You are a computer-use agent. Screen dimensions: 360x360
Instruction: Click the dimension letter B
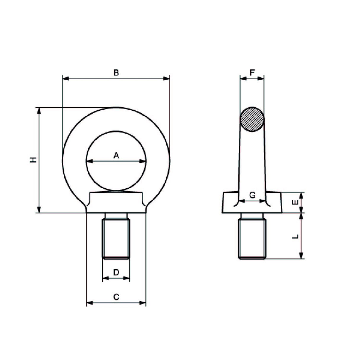click(116, 73)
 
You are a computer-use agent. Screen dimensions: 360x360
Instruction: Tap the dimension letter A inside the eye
click(116, 155)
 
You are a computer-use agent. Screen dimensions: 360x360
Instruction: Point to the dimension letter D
click(116, 272)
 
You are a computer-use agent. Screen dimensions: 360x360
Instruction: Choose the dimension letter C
click(116, 297)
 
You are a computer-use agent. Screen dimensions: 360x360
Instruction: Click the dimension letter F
click(252, 73)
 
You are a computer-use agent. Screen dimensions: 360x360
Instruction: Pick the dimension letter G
click(252, 195)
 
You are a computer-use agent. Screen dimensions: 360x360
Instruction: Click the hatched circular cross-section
click(252, 120)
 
